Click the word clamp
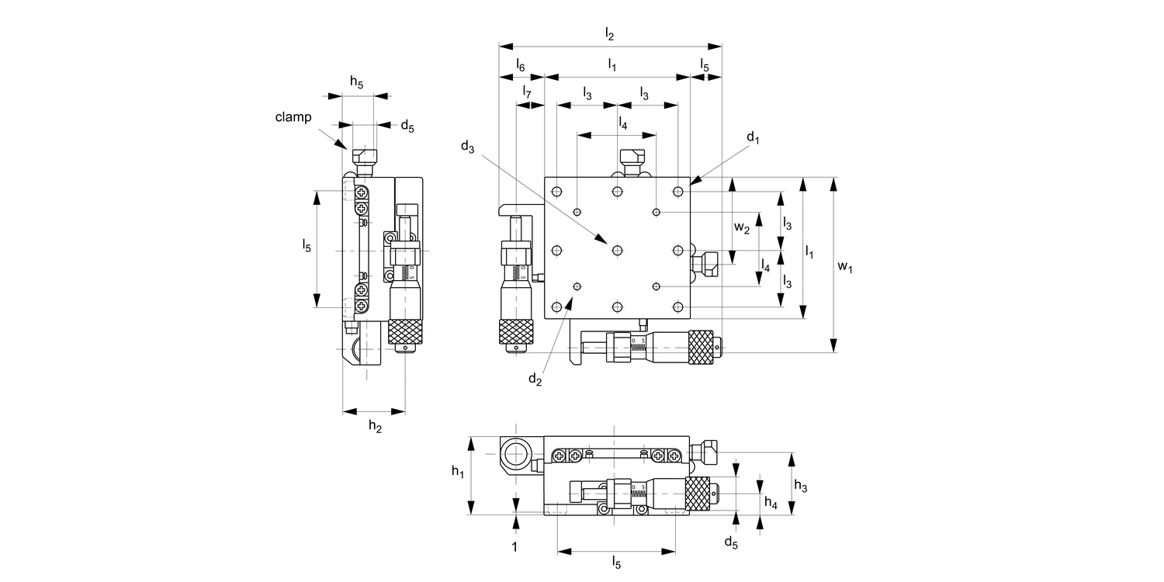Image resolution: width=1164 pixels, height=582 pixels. (x=293, y=117)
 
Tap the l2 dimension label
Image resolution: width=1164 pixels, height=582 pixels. (x=609, y=34)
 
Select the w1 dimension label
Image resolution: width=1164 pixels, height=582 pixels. (x=845, y=267)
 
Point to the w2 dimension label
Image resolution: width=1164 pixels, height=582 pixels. (x=742, y=228)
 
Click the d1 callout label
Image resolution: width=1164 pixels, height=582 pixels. (x=752, y=138)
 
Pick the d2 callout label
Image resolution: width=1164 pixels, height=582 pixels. (x=535, y=379)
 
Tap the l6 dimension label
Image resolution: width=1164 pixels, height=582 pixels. (x=521, y=66)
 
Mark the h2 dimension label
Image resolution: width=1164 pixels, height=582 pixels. (x=375, y=425)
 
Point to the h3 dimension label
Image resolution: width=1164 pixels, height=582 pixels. (x=801, y=487)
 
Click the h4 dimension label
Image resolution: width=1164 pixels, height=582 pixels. (x=770, y=504)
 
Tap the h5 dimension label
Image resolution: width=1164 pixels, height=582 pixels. (x=356, y=81)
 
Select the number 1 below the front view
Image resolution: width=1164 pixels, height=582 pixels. (x=514, y=547)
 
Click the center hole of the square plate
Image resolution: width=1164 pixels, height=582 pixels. (x=617, y=250)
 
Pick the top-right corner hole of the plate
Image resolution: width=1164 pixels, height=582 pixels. (x=678, y=191)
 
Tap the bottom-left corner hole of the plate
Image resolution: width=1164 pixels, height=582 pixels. (x=556, y=308)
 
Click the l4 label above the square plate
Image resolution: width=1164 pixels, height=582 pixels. (x=622, y=122)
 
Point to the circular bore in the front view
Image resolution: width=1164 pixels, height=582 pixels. (x=515, y=452)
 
